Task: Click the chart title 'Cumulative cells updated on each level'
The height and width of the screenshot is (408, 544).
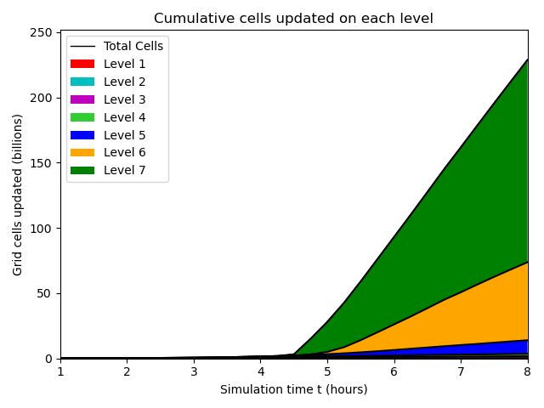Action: [293, 18]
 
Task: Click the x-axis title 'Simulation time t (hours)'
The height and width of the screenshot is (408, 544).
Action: [293, 389]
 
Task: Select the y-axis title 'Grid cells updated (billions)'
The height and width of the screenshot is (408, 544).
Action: [18, 195]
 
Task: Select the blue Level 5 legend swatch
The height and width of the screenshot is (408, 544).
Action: [82, 134]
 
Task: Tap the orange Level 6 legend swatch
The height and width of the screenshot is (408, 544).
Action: [82, 152]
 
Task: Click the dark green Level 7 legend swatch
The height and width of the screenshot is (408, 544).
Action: [82, 170]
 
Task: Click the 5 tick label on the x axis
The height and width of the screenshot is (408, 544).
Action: [327, 371]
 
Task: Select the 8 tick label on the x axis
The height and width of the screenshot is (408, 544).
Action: [528, 371]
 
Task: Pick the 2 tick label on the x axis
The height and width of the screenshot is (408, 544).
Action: [127, 371]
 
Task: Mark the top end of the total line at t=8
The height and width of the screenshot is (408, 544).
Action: [528, 59]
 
